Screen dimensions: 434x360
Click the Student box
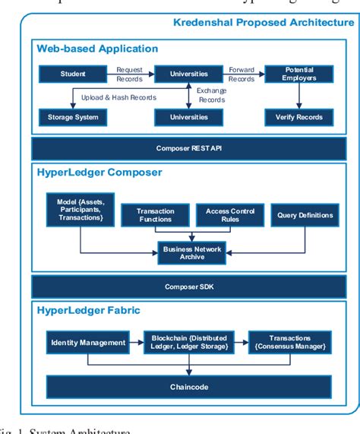click(73, 74)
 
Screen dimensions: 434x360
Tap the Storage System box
click(73, 117)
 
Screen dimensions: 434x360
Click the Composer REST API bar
click(186, 149)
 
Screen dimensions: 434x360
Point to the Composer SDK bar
click(186, 287)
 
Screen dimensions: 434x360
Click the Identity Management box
click(87, 343)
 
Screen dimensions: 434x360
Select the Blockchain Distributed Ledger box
click(190, 343)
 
